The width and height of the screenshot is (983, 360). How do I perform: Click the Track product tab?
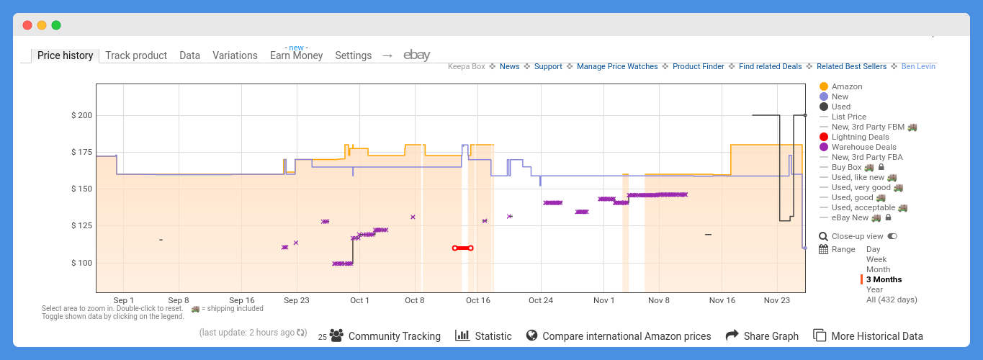(136, 55)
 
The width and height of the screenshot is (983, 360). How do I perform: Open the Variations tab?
(235, 55)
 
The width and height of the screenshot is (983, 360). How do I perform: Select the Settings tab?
(353, 55)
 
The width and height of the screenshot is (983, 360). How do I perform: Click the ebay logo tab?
(416, 55)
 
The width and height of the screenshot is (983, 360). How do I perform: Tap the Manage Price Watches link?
(617, 66)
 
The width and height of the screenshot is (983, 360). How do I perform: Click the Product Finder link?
(698, 66)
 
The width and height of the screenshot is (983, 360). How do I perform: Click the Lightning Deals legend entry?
(860, 137)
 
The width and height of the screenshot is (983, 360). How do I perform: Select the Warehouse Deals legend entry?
(863, 147)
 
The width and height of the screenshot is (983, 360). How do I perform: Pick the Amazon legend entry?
(846, 86)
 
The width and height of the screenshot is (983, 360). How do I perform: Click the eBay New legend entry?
(850, 217)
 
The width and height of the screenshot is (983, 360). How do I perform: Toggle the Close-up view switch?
(892, 236)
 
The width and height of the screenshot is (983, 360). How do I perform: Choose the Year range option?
(874, 289)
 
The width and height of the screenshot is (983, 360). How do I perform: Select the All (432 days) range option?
(891, 300)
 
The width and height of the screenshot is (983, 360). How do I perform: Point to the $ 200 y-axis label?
(81, 115)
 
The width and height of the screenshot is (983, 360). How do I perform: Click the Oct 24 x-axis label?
(540, 300)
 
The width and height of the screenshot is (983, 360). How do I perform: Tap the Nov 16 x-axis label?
(722, 300)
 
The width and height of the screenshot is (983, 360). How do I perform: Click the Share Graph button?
(762, 336)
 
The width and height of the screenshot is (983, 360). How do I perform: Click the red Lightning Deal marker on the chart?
(462, 248)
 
